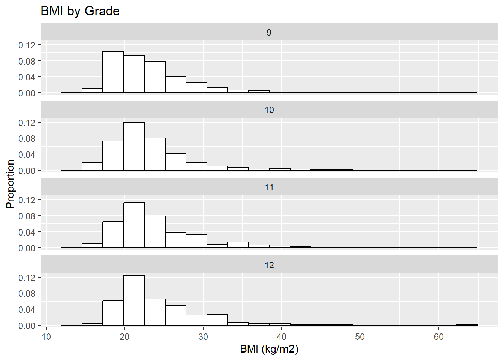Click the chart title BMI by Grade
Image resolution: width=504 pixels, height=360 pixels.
click(80, 11)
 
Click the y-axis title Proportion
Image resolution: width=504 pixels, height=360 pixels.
click(10, 184)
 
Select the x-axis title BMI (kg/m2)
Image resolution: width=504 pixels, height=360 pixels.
click(269, 349)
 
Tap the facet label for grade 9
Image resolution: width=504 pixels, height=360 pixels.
click(269, 33)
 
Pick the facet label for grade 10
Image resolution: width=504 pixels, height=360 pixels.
click(269, 110)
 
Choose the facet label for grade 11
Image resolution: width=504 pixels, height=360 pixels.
click(269, 187)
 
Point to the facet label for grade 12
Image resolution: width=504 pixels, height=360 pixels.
click(269, 265)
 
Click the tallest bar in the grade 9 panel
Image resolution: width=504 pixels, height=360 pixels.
click(113, 72)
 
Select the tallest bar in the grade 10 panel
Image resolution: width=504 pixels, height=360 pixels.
click(134, 146)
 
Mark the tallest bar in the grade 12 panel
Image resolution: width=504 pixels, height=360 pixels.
click(134, 300)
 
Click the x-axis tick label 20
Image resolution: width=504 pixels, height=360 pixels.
click(124, 337)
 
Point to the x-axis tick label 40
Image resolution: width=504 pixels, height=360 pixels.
click(282, 337)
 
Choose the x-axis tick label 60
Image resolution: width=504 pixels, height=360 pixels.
click(438, 337)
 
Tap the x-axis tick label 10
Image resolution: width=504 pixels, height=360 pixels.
click(46, 337)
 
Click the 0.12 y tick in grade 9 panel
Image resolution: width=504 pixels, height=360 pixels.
click(27, 45)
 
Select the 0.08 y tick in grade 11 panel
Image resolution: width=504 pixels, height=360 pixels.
click(27, 216)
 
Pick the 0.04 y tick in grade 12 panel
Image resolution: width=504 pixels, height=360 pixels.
click(27, 310)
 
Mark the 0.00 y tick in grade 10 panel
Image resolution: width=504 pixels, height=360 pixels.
click(27, 171)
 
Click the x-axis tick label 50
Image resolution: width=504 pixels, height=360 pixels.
click(360, 337)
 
